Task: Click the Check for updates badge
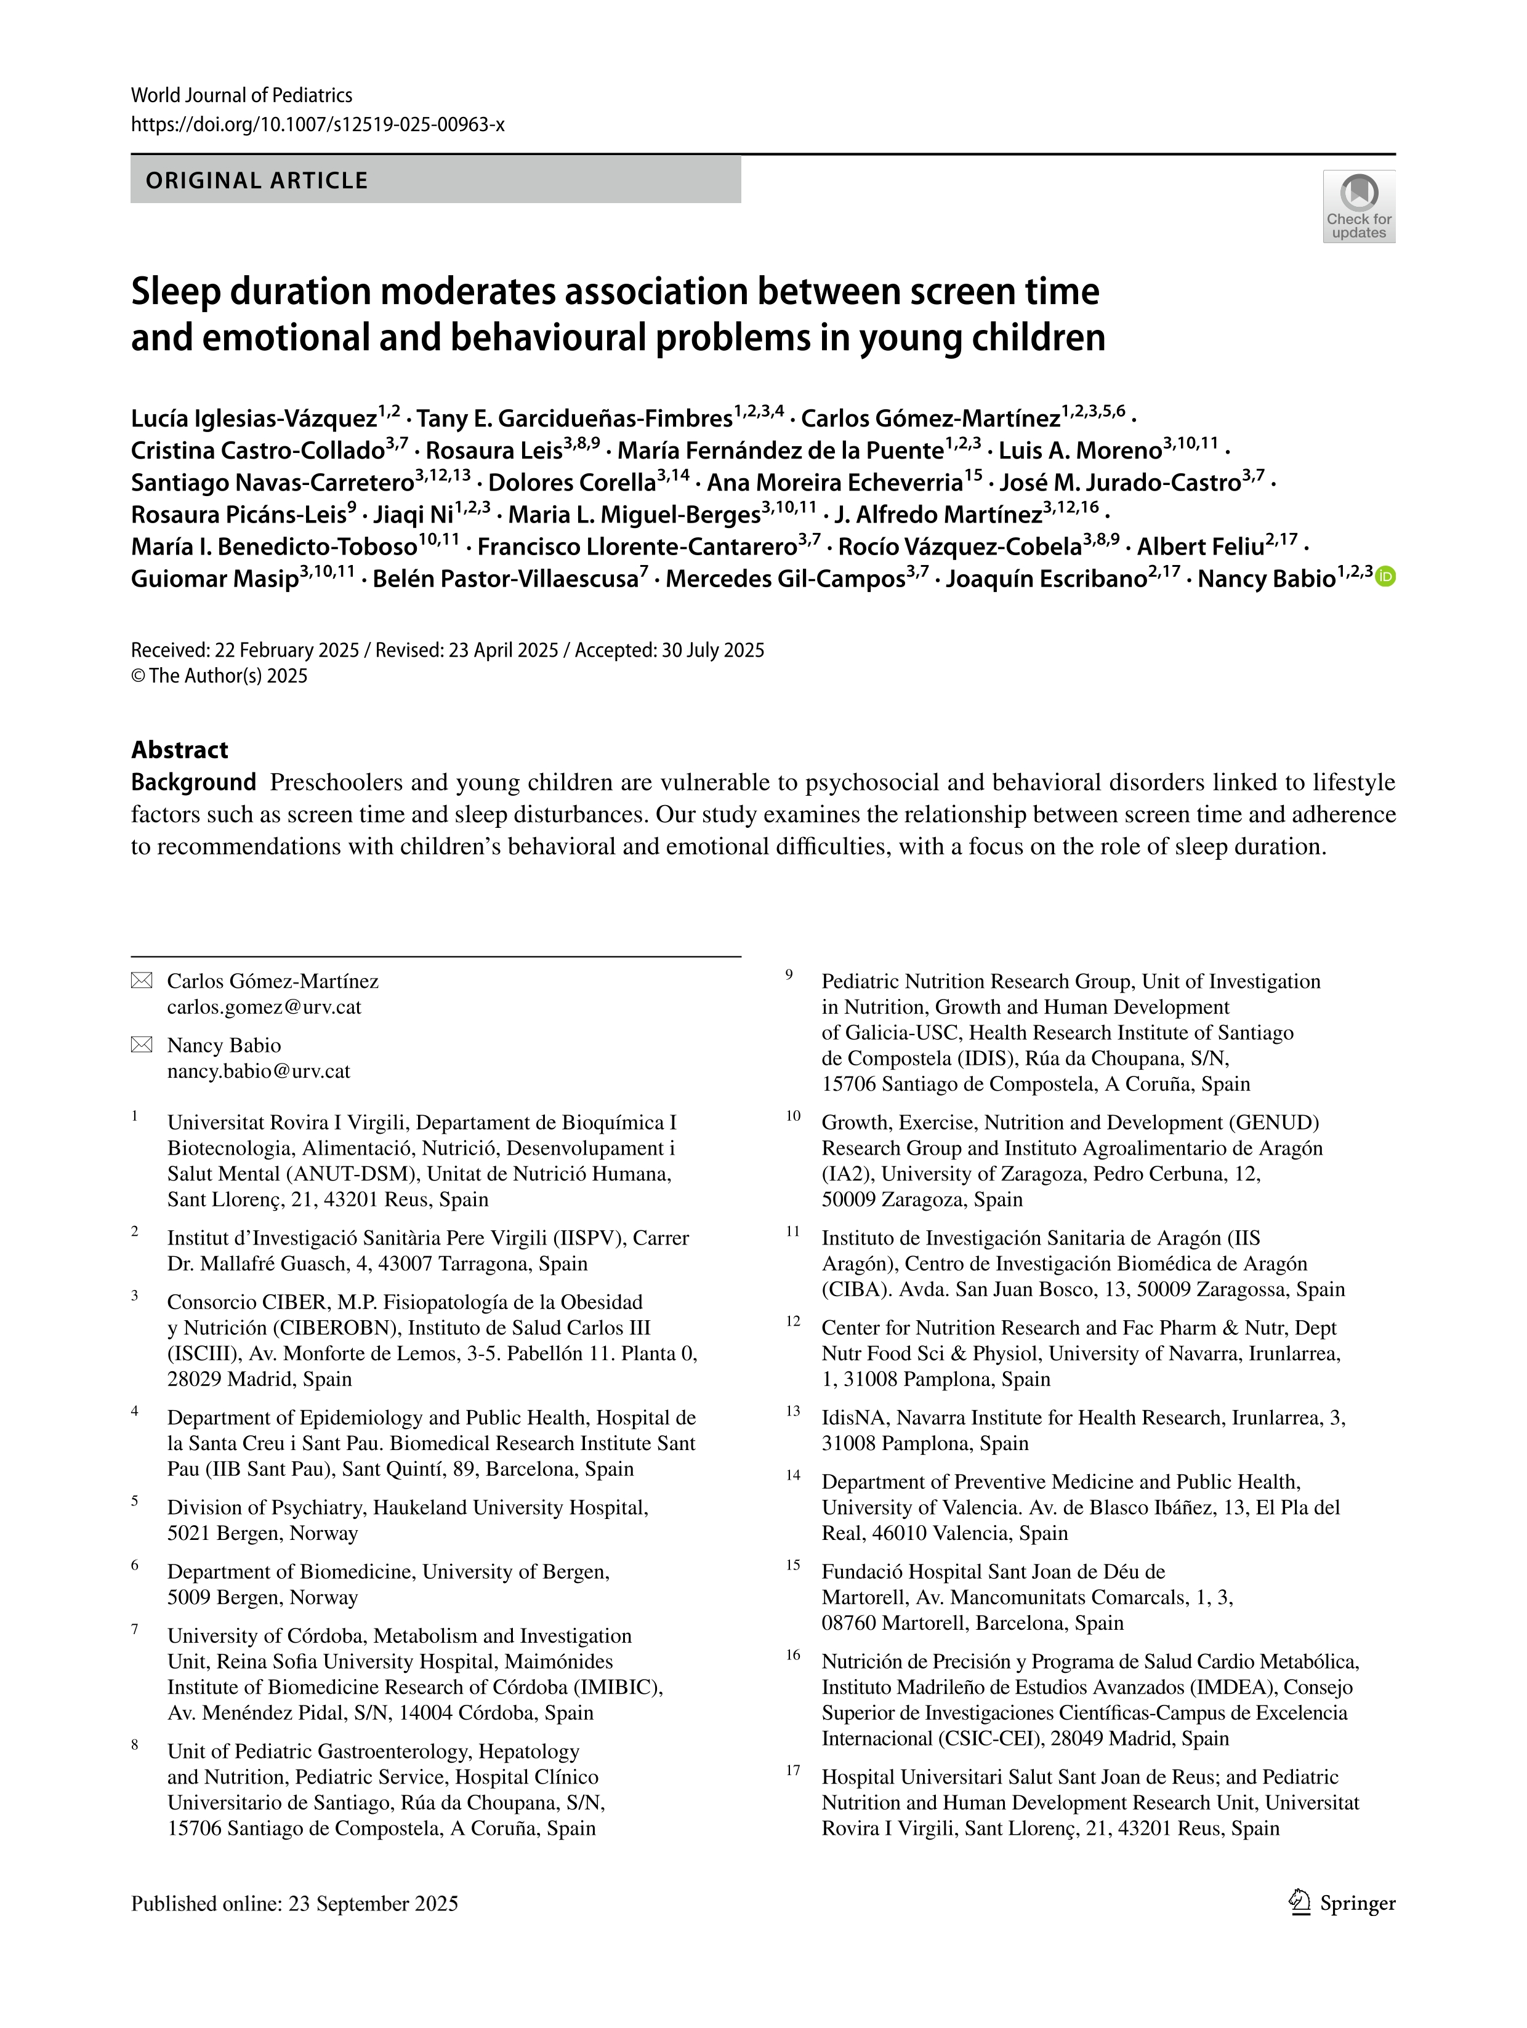(1358, 206)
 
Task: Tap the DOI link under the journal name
(317, 125)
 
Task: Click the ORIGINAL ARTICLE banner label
(257, 180)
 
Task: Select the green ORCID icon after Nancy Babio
(1386, 577)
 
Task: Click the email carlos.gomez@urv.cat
(264, 1007)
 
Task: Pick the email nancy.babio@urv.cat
(259, 1071)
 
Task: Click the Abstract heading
(180, 750)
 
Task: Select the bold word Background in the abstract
(193, 782)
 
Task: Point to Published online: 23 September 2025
(294, 1903)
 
